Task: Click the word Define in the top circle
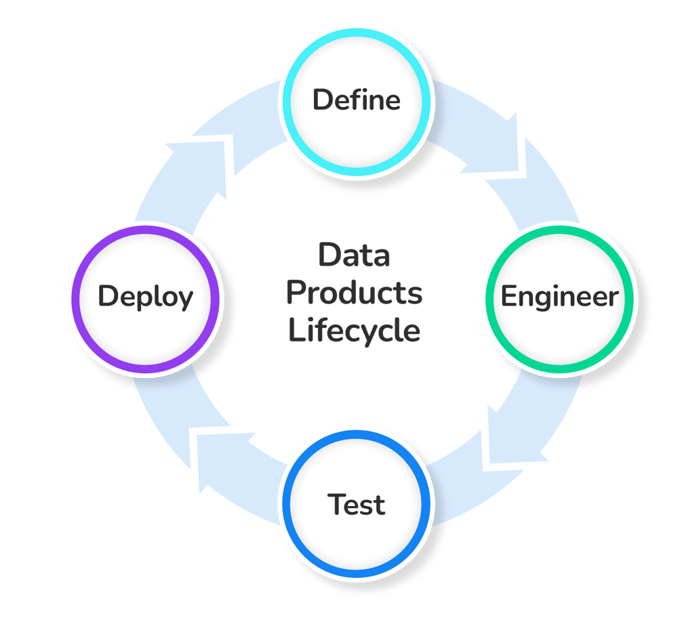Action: [x=356, y=100]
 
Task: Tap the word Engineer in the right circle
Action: [x=559, y=297]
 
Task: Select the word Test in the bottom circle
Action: [x=356, y=505]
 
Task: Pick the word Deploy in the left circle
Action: [x=145, y=297]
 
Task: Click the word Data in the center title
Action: [x=354, y=256]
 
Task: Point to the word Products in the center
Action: [x=354, y=293]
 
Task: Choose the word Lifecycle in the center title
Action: [x=354, y=331]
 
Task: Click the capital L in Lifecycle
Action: [x=294, y=331]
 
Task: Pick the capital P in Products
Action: [x=293, y=293]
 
